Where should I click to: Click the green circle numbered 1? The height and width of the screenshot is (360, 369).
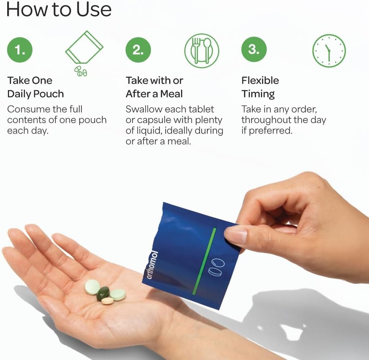coord(20,50)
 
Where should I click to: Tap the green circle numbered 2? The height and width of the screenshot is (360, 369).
coord(138,50)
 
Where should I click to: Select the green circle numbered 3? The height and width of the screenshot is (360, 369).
coord(254,49)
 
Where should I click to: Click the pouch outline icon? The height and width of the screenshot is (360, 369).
coord(84,47)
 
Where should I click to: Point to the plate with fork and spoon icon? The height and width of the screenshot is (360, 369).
coord(202,51)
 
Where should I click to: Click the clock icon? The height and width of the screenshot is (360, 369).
coord(329,51)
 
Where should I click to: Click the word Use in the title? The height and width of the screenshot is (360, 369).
coord(94,9)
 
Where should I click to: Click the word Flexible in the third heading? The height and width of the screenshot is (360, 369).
coord(260,80)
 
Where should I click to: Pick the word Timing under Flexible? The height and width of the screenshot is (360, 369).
coord(258,94)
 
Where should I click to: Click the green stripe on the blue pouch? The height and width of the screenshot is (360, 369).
coord(204,261)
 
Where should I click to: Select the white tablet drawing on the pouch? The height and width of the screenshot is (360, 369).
coord(217,267)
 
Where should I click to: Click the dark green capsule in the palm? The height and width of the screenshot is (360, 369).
coord(103,293)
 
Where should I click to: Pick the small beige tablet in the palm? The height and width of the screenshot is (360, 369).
coord(107,301)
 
